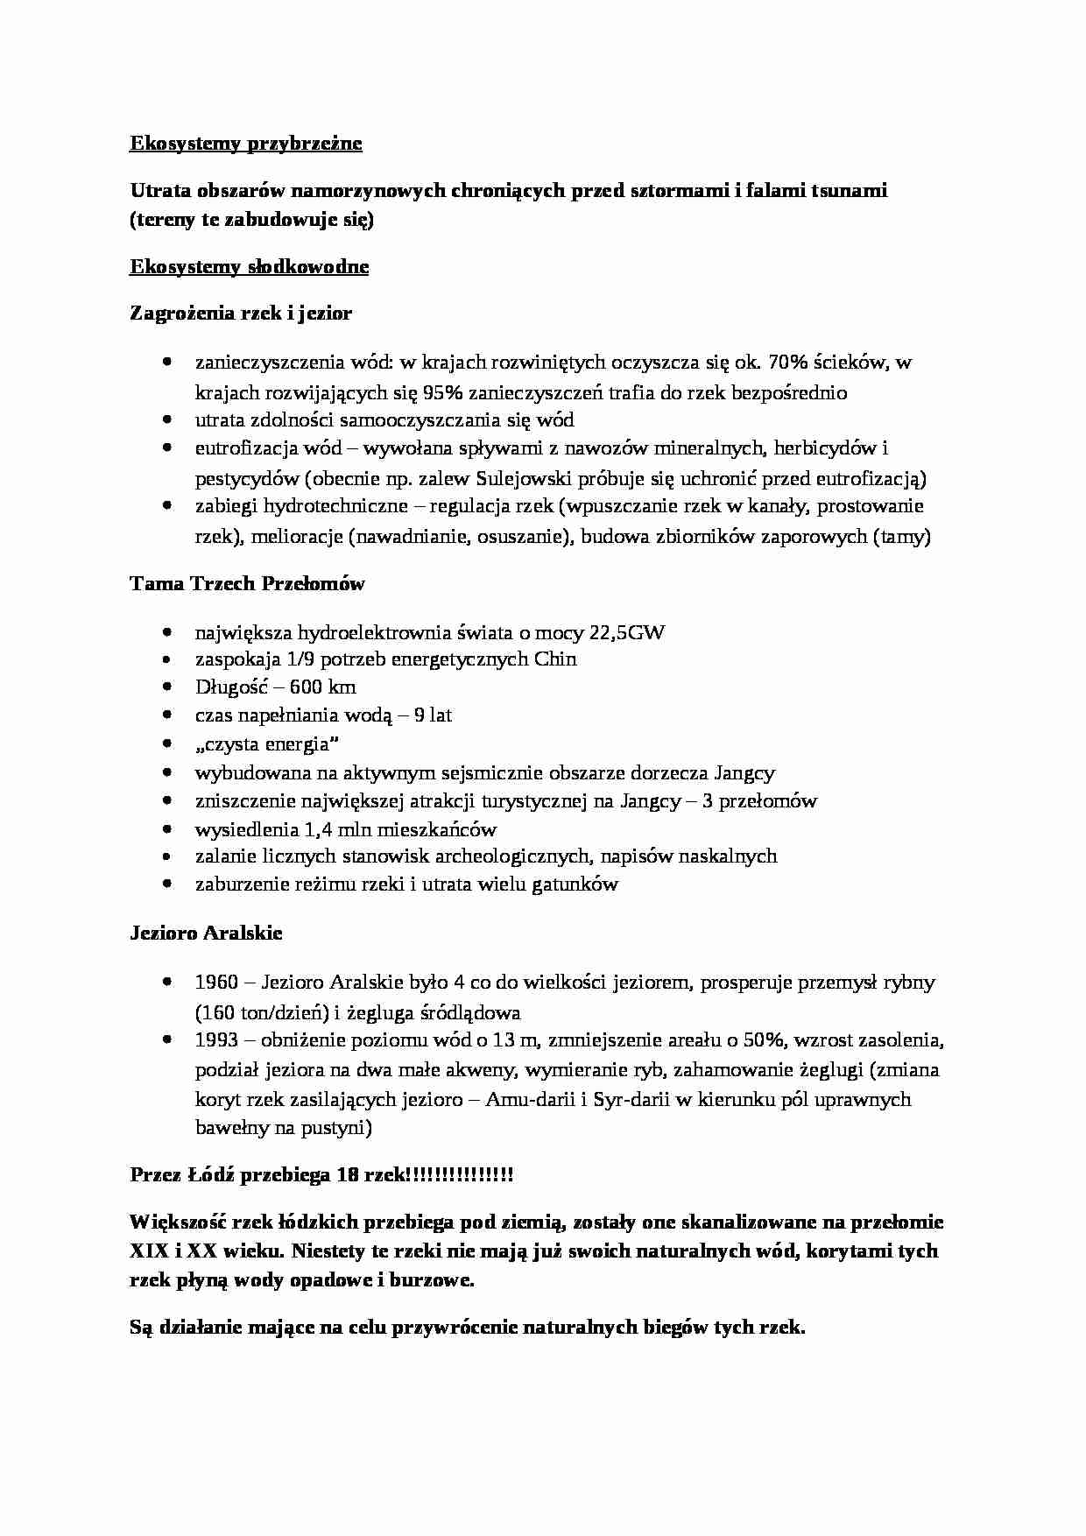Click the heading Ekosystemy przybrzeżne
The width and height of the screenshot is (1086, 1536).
[245, 144]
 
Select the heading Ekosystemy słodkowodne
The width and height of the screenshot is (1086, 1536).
[249, 267]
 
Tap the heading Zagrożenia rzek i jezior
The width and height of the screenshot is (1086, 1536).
[241, 314]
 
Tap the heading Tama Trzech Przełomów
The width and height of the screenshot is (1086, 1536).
[247, 583]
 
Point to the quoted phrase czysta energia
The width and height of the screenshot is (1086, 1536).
[267, 744]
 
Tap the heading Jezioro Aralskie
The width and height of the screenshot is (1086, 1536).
[206, 934]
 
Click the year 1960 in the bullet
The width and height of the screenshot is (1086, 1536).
[216, 983]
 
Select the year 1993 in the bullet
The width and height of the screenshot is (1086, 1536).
[216, 1041]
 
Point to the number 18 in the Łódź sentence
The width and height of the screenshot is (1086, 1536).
[345, 1175]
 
